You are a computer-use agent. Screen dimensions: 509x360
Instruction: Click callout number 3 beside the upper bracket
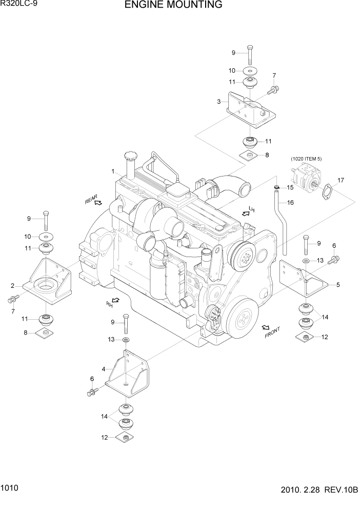pyautogui.click(x=219, y=102)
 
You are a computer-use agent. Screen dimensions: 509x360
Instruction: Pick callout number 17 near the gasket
pyautogui.click(x=341, y=180)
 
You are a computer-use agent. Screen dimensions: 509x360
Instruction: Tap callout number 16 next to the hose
pyautogui.click(x=290, y=203)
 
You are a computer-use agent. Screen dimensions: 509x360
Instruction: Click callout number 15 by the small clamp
pyautogui.click(x=290, y=188)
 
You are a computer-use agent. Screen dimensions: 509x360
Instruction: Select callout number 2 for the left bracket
pyautogui.click(x=12, y=285)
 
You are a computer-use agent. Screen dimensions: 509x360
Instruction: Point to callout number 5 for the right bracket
pyautogui.click(x=337, y=284)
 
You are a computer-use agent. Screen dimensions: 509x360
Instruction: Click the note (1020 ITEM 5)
pyautogui.click(x=306, y=159)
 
